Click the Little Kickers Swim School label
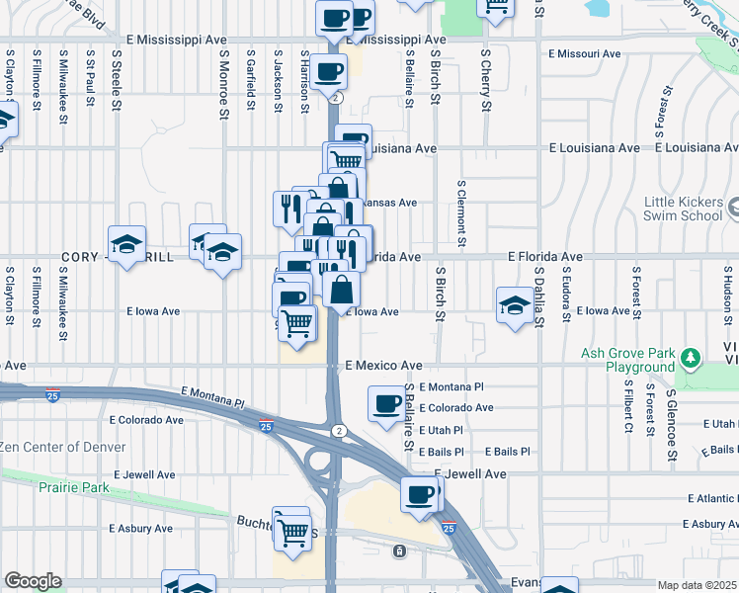click(x=684, y=209)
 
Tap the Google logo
click(x=33, y=581)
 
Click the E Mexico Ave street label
click(x=384, y=365)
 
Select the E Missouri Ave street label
click(x=594, y=53)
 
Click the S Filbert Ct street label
click(x=627, y=407)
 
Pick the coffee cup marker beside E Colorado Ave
click(x=385, y=402)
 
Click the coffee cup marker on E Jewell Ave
click(x=419, y=492)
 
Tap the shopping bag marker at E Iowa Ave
click(x=341, y=290)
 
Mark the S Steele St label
click(x=117, y=75)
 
